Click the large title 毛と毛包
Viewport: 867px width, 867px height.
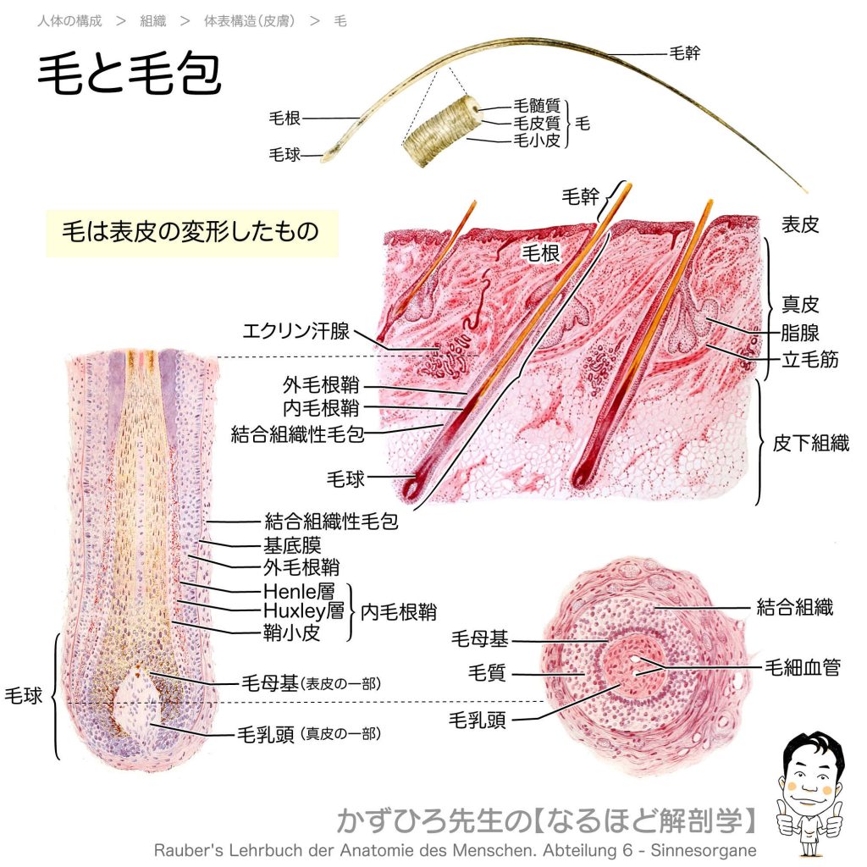[x=130, y=75]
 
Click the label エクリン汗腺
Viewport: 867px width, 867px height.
[x=296, y=331]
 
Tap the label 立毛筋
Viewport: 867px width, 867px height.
[x=809, y=359]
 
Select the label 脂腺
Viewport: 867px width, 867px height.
[x=799, y=333]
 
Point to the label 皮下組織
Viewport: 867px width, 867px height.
[x=810, y=443]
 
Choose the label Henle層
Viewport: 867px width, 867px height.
[x=299, y=591]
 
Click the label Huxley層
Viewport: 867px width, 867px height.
[x=304, y=611]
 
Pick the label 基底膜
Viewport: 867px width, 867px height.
[x=292, y=545]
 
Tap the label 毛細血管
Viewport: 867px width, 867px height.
[x=803, y=667]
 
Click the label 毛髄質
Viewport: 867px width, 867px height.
[x=536, y=105]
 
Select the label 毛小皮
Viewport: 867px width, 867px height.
[x=536, y=141]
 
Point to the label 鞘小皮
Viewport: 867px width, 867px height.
[x=292, y=632]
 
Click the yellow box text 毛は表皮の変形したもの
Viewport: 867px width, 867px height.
[x=191, y=232]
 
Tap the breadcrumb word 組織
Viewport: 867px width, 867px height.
[x=152, y=21]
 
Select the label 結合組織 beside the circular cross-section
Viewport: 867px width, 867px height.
[x=794, y=607]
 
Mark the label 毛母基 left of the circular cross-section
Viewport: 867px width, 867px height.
[x=479, y=638]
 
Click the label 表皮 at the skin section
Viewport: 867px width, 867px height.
[x=799, y=224]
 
